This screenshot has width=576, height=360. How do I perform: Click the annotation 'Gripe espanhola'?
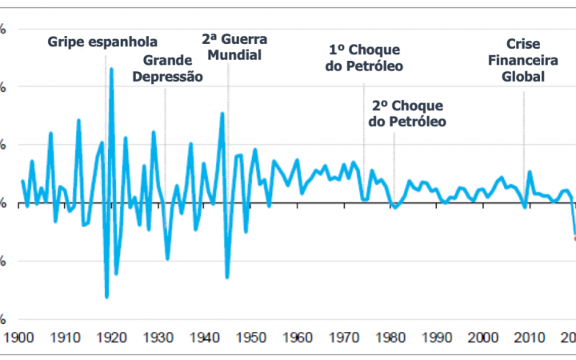(x=102, y=42)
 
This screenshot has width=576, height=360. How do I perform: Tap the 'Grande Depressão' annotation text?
(x=173, y=69)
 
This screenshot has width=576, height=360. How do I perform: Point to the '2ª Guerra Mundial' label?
(x=234, y=48)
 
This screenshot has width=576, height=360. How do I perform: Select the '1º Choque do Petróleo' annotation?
(x=364, y=58)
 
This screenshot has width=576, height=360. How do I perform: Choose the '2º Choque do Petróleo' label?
(x=407, y=114)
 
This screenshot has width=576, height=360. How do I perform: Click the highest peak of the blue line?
(x=111, y=69)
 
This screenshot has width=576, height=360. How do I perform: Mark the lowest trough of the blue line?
(x=106, y=297)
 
